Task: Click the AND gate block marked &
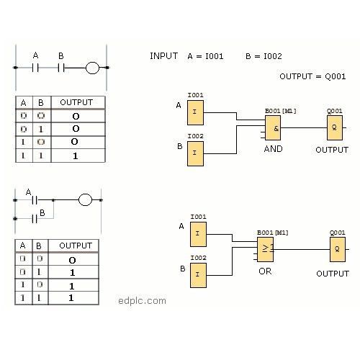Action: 273,128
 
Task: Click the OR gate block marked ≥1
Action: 265,249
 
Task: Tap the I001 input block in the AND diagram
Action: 195,112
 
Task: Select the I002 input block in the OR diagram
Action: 198,275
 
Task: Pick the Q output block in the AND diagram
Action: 335,128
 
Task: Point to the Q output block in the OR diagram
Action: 338,249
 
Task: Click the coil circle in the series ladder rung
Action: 92,68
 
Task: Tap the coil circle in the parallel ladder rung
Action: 85,199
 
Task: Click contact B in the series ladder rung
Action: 61,68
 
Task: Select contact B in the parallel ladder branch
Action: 35,219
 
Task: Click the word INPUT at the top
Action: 163,56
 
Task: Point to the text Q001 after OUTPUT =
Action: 336,76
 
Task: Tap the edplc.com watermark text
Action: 142,301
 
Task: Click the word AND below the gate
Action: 273,149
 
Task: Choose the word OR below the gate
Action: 265,271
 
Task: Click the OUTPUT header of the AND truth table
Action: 76,102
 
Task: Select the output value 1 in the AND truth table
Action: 76,156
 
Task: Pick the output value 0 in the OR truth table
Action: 72,260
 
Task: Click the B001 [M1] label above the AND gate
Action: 281,111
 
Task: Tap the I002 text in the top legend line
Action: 273,56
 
